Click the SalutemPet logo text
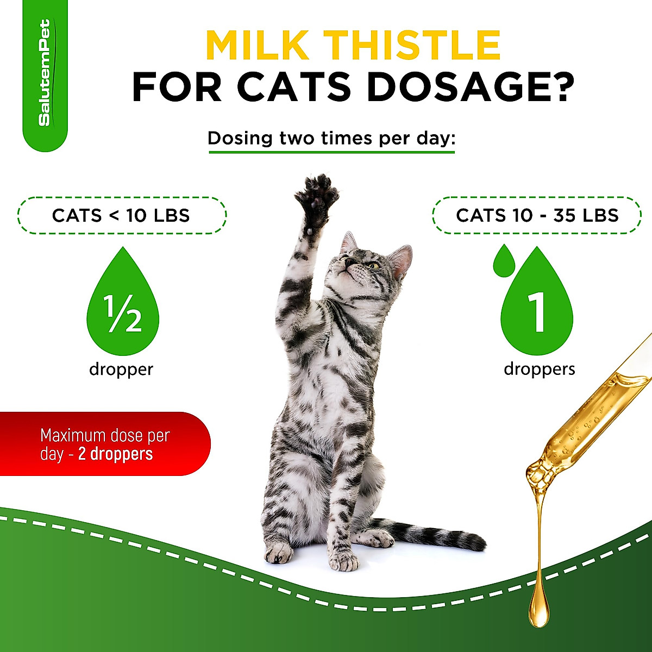pos(45,73)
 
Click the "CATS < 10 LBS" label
pos(121,215)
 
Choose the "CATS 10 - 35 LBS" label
pos(537,215)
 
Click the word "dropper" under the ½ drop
pos(121,369)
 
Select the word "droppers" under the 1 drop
pos(539,369)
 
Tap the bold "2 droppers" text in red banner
pos(115,454)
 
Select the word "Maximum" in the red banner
pos(70,436)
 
